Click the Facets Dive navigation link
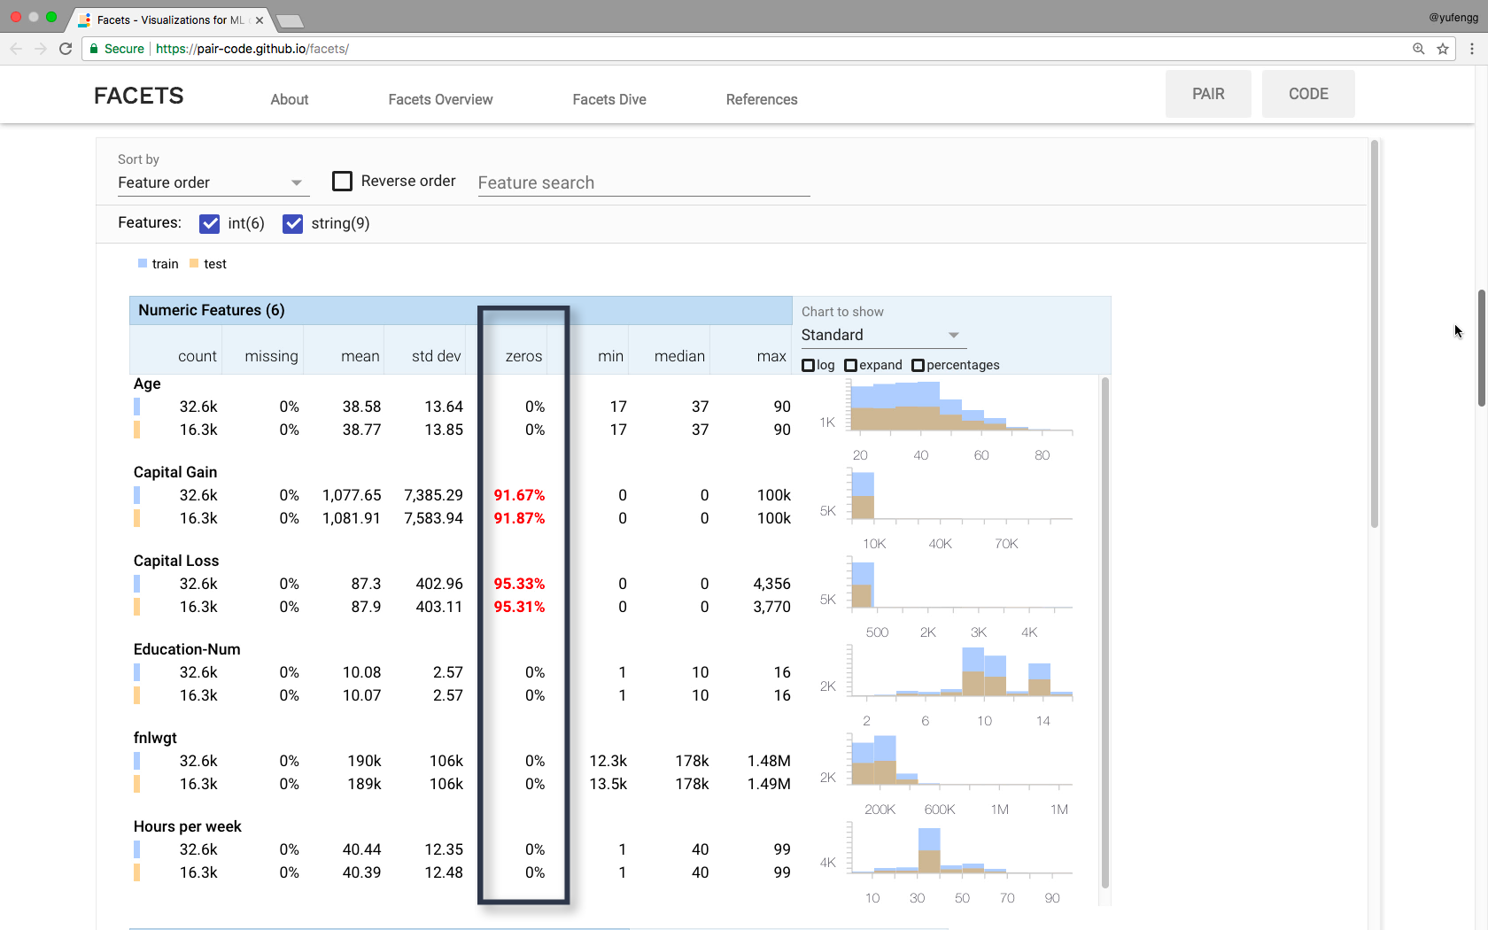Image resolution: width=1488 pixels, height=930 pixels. [609, 99]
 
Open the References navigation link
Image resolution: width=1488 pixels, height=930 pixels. [762, 99]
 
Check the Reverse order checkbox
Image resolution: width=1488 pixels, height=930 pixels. [343, 182]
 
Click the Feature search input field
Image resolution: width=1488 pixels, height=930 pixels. [643, 183]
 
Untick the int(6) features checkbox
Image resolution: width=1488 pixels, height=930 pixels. [210, 224]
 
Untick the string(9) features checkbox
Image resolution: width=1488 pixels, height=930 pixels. [293, 224]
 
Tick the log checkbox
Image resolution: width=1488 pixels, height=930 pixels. [808, 366]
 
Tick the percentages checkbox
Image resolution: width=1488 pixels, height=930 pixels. [918, 366]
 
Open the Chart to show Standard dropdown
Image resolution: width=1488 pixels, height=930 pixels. [880, 335]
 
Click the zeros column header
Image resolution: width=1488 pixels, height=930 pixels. [523, 356]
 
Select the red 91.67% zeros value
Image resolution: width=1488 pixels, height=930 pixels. [519, 495]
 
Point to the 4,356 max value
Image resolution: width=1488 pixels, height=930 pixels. [771, 584]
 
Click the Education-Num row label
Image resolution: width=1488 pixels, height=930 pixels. [187, 649]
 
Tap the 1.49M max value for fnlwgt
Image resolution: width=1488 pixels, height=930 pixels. [769, 784]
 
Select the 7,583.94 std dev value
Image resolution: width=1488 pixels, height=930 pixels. [433, 518]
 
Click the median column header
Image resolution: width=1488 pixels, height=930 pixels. [679, 356]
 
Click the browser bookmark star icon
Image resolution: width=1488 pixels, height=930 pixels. [1443, 49]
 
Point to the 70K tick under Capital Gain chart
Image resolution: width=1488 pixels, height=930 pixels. [1006, 544]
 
